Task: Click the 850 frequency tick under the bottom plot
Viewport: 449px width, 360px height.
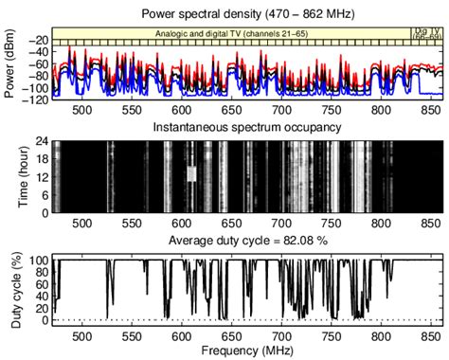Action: click(x=432, y=336)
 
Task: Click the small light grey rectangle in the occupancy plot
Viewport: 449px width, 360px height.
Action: click(x=190, y=173)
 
